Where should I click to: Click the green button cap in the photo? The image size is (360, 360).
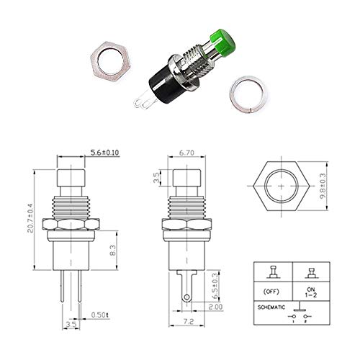[222, 43]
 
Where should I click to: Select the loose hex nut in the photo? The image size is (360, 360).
[111, 63]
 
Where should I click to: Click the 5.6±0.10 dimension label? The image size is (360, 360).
[104, 153]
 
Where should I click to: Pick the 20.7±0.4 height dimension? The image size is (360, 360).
[30, 218]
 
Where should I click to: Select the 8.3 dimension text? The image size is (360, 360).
[112, 250]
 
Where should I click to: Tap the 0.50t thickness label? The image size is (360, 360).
[100, 315]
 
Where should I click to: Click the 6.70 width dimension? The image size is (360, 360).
[186, 153]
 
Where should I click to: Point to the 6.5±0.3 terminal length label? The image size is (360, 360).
[215, 286]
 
